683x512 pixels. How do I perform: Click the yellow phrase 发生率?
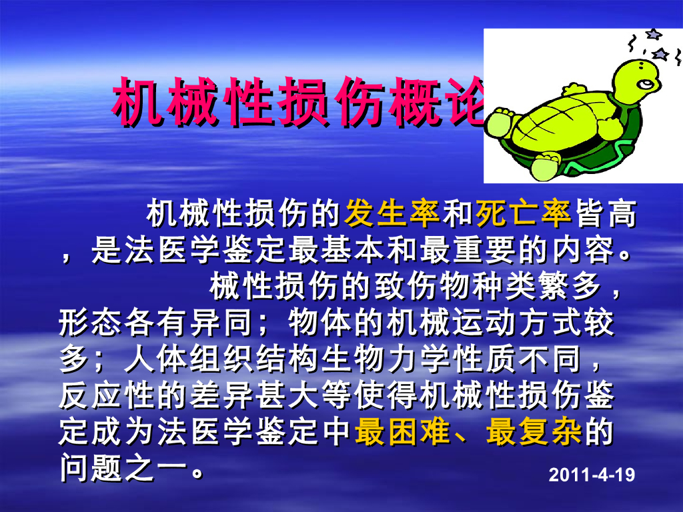point(392,215)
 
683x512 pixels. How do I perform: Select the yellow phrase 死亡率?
point(523,215)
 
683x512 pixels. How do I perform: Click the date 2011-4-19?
point(591,475)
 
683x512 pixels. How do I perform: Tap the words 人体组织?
point(172,361)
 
